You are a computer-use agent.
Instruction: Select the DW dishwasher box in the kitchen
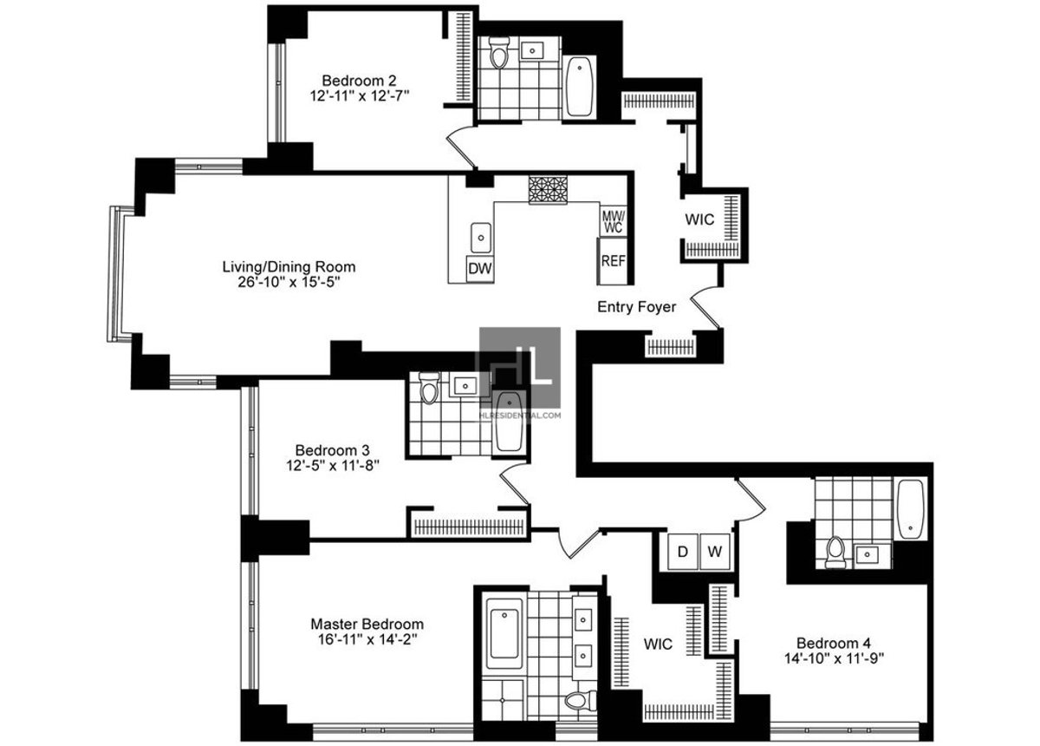[479, 269]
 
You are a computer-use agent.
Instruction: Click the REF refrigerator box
[612, 260]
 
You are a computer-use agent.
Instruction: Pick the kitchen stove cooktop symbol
[548, 190]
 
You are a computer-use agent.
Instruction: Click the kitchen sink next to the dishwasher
[481, 235]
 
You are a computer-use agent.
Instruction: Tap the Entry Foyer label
[637, 307]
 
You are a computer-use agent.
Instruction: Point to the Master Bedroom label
[367, 624]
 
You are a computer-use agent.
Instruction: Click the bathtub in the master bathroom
[502, 633]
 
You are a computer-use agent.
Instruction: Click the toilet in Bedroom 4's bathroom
[835, 552]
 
